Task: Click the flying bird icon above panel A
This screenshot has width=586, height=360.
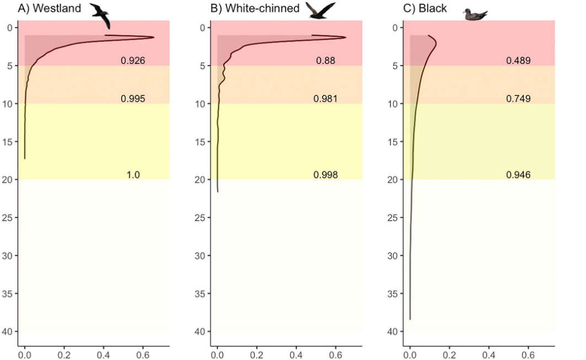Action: tap(101, 15)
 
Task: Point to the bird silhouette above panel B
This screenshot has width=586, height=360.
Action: tap(320, 11)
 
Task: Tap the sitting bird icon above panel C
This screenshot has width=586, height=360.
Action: tap(475, 15)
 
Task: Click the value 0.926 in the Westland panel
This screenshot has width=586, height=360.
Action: tap(133, 61)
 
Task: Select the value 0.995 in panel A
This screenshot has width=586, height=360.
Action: tap(133, 99)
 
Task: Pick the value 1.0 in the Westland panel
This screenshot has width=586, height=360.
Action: tap(133, 175)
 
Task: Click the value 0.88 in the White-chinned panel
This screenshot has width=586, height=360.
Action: tap(325, 61)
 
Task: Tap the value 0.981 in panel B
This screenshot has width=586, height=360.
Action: tap(325, 99)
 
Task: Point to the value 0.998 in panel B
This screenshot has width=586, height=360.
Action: tap(325, 175)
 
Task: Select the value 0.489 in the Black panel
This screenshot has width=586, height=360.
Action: tap(518, 61)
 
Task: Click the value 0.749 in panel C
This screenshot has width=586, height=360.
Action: tap(518, 99)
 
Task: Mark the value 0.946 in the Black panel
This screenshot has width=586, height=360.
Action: tap(518, 175)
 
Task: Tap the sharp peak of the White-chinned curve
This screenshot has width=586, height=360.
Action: tap(346, 37)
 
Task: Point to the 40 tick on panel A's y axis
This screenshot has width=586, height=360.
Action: tap(10, 331)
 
